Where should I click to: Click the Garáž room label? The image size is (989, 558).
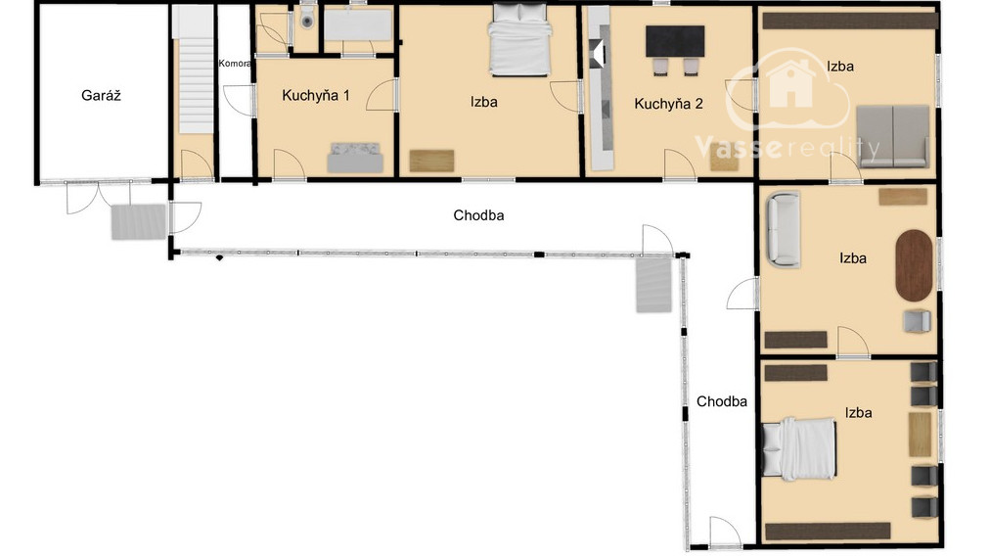point(101,95)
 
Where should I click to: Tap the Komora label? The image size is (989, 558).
point(235,63)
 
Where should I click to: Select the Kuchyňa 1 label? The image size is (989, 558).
point(315,95)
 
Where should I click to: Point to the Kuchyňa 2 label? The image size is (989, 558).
point(668,104)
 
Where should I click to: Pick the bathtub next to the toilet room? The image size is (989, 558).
point(358,25)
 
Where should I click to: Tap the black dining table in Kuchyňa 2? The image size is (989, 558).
point(675,42)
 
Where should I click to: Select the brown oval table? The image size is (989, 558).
point(914,265)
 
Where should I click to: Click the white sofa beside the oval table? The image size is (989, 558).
point(783,229)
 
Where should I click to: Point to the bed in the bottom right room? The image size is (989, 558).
point(799,448)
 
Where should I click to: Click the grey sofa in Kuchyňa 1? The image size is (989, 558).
point(355,158)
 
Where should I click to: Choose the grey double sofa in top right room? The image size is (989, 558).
point(892,136)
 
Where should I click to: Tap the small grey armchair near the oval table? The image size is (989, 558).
point(917,321)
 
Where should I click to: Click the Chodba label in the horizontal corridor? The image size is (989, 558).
point(478,215)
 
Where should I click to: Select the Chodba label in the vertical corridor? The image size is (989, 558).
point(722,401)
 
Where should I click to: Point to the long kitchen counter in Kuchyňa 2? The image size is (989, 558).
point(601,88)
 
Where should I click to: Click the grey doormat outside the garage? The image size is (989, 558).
point(139,221)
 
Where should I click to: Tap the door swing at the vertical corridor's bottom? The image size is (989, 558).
point(724,532)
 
